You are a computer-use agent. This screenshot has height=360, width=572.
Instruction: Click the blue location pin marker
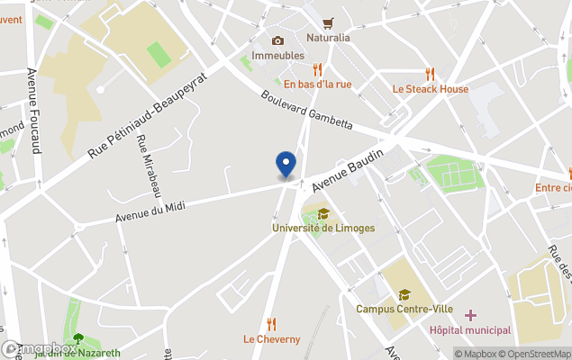[x=286, y=164]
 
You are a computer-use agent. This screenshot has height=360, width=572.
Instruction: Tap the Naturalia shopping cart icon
[x=328, y=23]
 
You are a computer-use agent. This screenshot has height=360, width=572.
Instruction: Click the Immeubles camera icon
[x=277, y=40]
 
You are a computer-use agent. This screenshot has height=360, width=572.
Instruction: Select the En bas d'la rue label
[x=317, y=85]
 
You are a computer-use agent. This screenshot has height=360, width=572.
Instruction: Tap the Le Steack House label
[x=431, y=89]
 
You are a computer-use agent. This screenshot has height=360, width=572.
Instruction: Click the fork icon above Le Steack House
[x=431, y=75]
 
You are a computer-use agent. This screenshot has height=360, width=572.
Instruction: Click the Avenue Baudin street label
[x=349, y=171]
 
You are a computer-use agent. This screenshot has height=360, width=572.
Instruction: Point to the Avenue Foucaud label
[x=34, y=111]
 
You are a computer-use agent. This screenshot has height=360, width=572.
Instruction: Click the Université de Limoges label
[x=323, y=228]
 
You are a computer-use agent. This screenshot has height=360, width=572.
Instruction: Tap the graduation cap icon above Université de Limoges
[x=323, y=213]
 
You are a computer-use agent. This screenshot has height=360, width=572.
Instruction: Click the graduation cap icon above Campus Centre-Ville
[x=404, y=294]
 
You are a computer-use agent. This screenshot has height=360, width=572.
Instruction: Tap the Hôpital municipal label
[x=469, y=330]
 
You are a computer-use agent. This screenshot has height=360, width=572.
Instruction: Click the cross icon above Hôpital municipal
[x=470, y=315]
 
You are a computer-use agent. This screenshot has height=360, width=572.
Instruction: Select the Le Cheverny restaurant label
[x=271, y=339]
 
